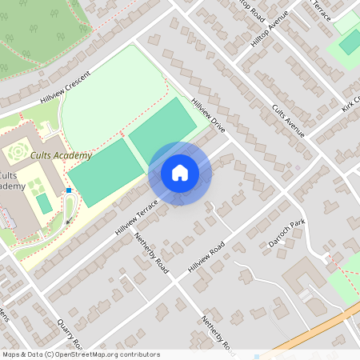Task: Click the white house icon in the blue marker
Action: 180,173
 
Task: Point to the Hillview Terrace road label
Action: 137,217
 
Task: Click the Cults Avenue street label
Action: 288,120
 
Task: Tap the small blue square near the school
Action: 70,190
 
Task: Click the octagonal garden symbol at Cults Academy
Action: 16,151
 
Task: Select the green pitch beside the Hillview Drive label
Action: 169,127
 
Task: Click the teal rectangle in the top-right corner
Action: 350,42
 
